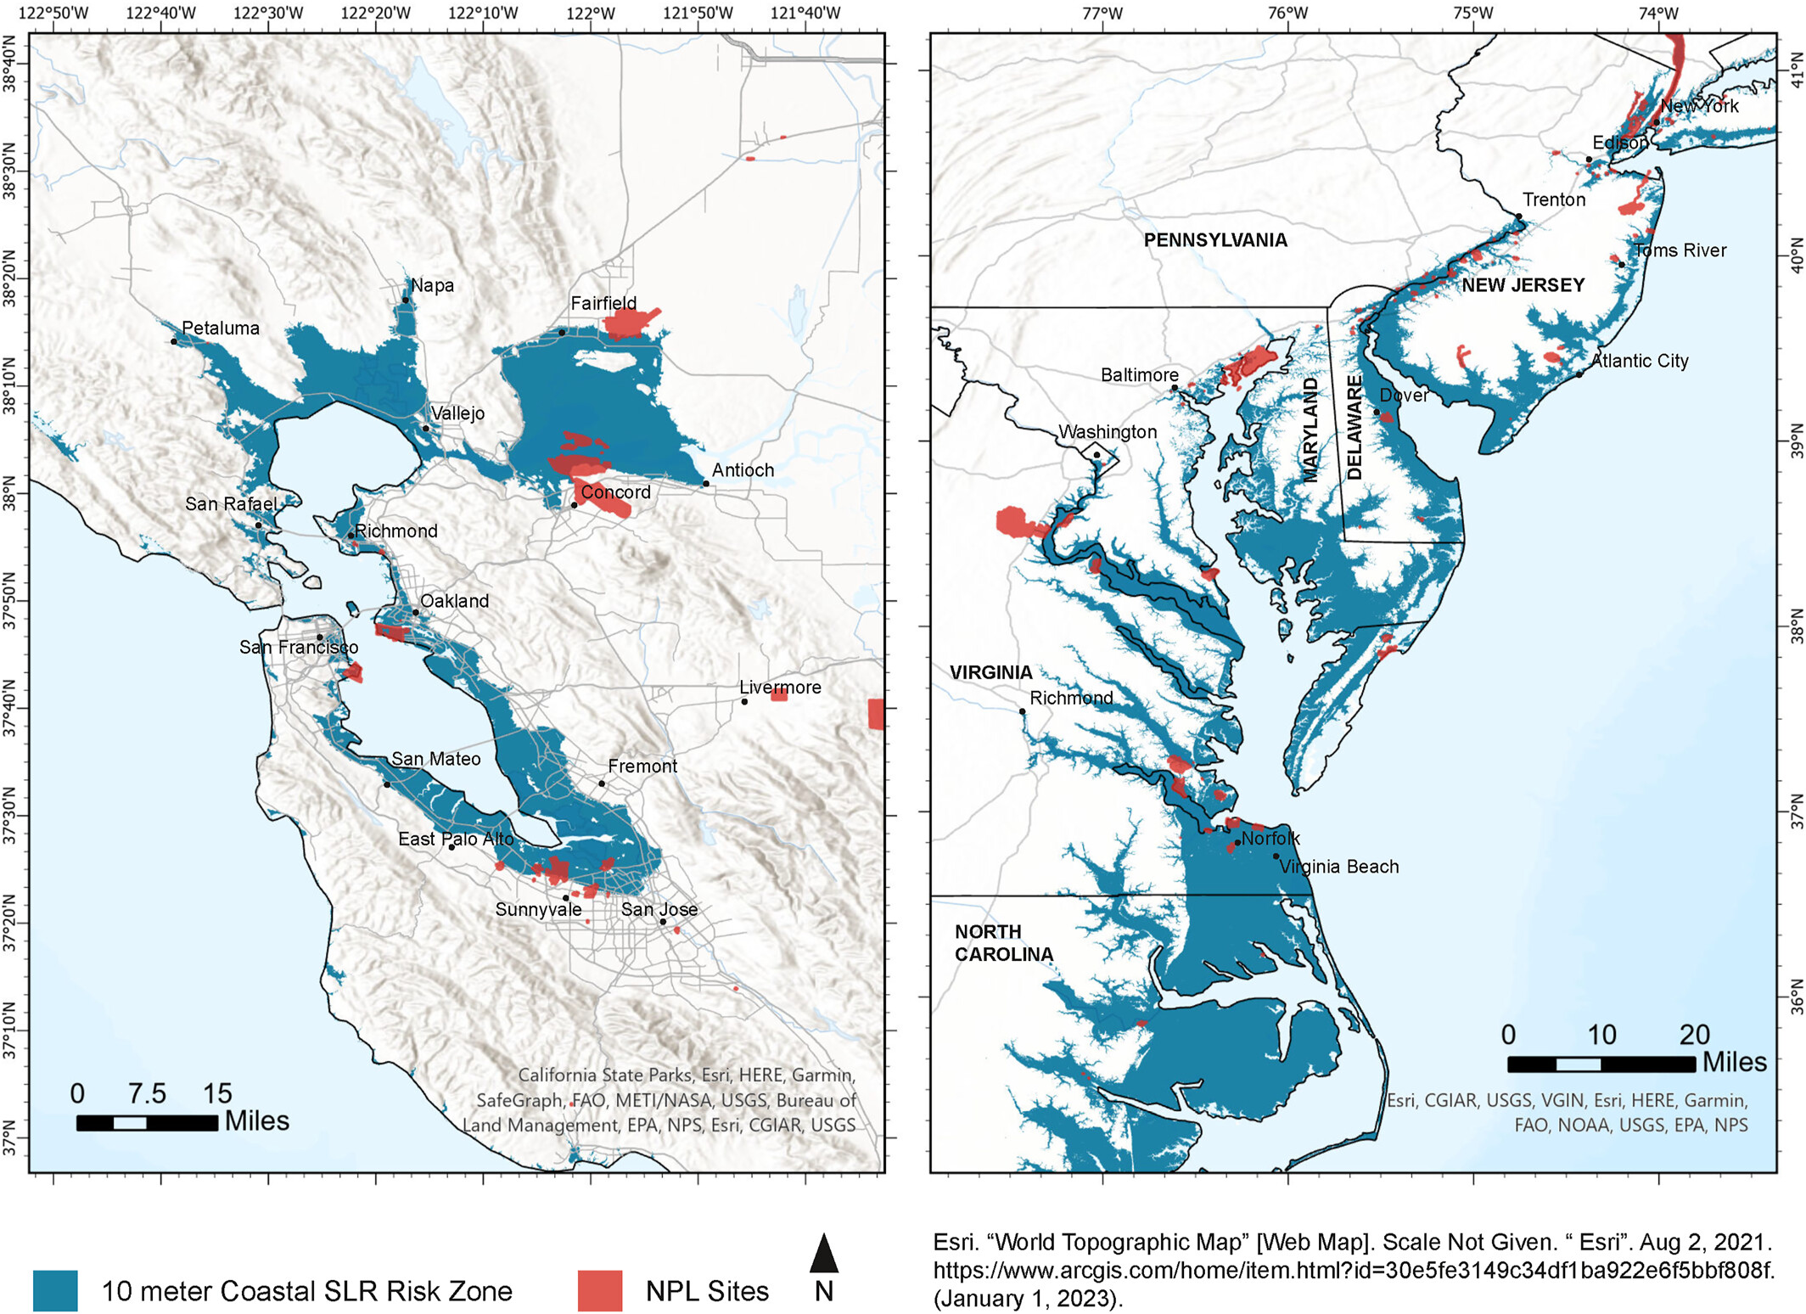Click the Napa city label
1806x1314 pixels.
[432, 286]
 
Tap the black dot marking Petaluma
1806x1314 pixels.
[174, 341]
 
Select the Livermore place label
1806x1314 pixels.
[780, 688]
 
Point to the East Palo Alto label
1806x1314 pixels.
[456, 839]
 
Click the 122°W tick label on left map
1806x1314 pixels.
[591, 14]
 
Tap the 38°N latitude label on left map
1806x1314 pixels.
[10, 493]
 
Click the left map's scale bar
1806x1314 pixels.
[147, 1123]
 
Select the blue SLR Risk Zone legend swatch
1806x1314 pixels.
[55, 1291]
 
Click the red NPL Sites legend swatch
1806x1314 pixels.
[600, 1291]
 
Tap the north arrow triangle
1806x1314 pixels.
[823, 1254]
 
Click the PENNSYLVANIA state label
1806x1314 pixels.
[1215, 240]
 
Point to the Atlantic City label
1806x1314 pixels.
[1639, 361]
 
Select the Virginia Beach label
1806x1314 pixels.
[1338, 867]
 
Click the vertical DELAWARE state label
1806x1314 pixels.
[1355, 428]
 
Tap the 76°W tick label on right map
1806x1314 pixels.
[1287, 14]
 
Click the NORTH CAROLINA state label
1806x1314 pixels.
[1003, 943]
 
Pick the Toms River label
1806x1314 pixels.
[1680, 250]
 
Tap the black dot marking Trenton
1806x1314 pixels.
[1519, 216]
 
